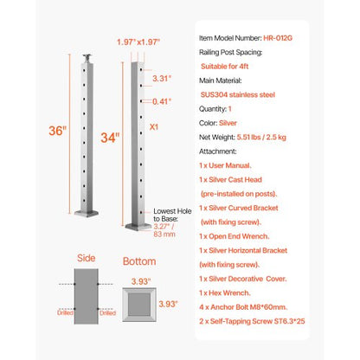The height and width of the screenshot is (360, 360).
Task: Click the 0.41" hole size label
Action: click(160, 102)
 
